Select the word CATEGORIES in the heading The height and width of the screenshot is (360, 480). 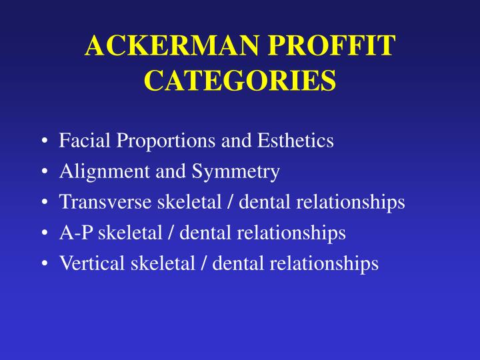[240, 81]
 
